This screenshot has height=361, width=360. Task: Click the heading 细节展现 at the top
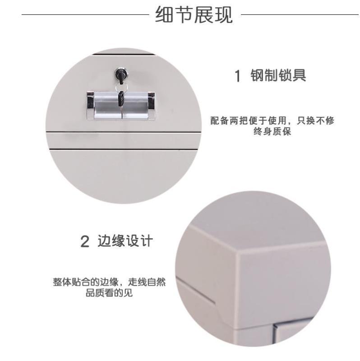pos(194,15)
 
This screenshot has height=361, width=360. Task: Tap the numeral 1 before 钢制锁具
pos(238,75)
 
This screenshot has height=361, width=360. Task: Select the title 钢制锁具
pos(278,75)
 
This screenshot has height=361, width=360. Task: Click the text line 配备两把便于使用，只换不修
pos(272,120)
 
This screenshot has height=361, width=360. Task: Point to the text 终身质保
pos(272,131)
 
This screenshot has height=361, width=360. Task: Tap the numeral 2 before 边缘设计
pos(85,241)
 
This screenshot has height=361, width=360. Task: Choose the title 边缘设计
pos(125,241)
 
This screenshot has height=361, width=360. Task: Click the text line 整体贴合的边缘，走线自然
pos(109,282)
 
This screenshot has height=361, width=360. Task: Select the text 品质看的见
pos(109,293)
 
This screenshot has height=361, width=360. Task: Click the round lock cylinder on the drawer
pos(120,74)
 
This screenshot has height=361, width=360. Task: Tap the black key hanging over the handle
pos(121,99)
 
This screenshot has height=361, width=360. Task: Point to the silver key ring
pos(122,87)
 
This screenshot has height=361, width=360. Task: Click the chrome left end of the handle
pos(91,106)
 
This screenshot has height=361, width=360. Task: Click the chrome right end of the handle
pos(151,106)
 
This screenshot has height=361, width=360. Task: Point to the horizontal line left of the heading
pos(85,15)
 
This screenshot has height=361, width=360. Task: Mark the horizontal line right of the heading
pos(300,15)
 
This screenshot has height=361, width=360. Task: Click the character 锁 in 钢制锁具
pos(285,75)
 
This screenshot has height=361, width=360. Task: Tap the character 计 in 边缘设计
pos(146,241)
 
